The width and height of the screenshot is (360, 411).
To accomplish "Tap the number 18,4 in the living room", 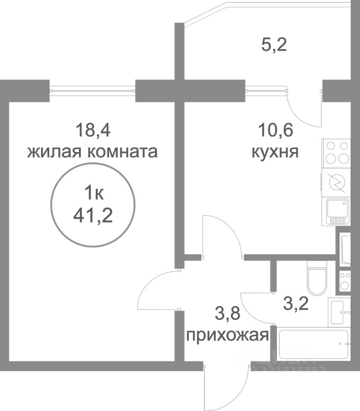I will click(x=92, y=129).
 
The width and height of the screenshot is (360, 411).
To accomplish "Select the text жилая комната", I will click(x=92, y=152).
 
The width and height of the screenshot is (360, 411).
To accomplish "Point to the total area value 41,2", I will click(x=92, y=216).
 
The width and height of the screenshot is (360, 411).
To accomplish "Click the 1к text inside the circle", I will click(x=92, y=194).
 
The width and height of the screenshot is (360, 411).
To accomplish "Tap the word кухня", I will click(x=275, y=152).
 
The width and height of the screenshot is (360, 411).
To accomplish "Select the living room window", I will click(x=92, y=90).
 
